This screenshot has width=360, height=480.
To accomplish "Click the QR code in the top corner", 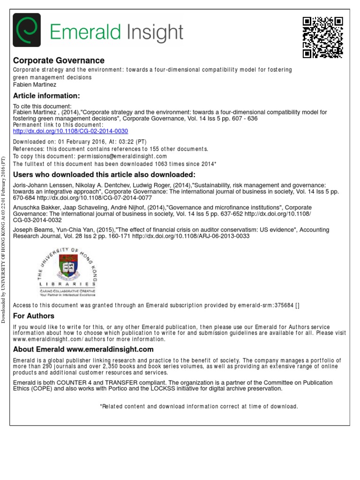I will tap(323, 37).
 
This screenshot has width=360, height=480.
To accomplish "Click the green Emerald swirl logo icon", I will tap(27, 32).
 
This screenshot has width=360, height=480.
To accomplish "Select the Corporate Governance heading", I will tap(59, 60).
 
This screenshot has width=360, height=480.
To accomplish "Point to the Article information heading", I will tap(46, 96).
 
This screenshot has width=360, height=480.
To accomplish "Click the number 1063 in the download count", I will tap(161, 164).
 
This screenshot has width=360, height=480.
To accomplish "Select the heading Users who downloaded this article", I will tap(104, 174).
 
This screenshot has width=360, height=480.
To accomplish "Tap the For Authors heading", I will tap(34, 316).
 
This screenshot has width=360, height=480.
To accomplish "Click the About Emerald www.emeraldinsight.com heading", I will tap(83, 349).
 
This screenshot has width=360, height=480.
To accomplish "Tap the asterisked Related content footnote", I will tap(199, 406).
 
